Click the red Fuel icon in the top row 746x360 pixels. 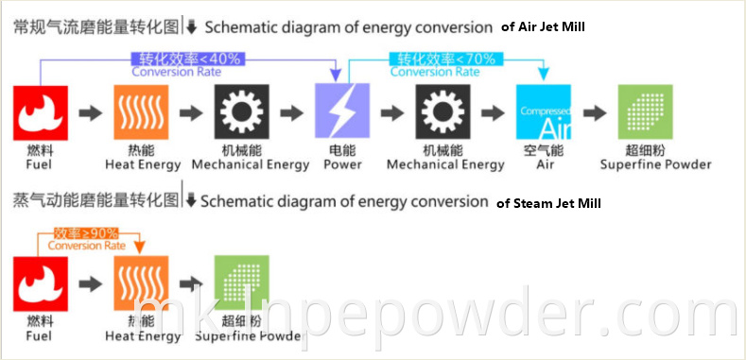40,113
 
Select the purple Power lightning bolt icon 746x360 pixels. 341,113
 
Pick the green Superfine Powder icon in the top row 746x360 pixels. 643,113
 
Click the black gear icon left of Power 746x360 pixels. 243,113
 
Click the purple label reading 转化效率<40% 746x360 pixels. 187,59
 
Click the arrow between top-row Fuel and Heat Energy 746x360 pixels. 90,113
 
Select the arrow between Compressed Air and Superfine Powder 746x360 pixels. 594,113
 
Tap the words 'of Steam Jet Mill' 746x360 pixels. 548,202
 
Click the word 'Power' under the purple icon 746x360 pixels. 342,164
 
